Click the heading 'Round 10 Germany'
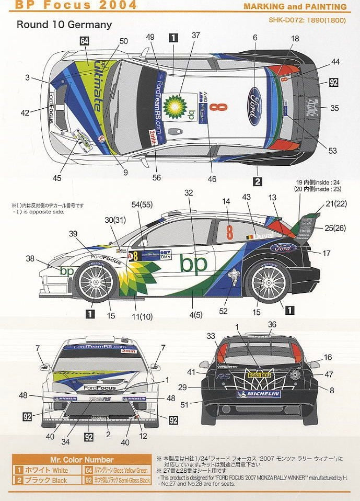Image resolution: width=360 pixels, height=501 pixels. click(x=64, y=24)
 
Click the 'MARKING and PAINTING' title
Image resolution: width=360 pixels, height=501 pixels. click(x=295, y=7)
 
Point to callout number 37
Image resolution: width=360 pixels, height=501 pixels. click(x=196, y=35)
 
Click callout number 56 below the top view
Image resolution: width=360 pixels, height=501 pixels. click(x=156, y=177)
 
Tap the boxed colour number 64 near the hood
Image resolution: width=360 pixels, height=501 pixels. click(x=85, y=41)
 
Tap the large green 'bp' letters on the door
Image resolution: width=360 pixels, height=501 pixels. click(x=193, y=264)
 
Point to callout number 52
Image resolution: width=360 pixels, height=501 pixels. click(x=224, y=311)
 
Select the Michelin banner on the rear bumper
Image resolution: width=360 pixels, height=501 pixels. click(x=259, y=394)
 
